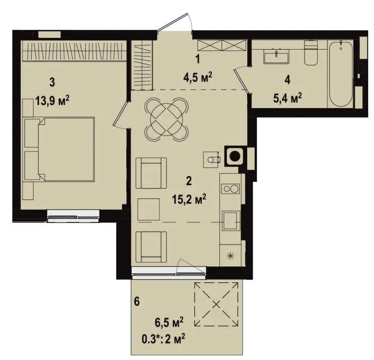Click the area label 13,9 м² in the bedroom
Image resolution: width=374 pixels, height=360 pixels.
click(x=52, y=101)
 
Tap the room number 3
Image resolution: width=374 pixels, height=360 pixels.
click(x=52, y=82)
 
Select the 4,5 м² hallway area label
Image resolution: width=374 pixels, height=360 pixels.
click(x=197, y=77)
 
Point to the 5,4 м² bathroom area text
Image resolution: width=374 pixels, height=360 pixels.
click(x=287, y=98)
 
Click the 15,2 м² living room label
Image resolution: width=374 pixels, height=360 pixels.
click(x=189, y=200)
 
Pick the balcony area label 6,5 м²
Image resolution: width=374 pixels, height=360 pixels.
click(x=169, y=323)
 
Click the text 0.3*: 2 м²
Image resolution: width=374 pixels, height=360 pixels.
click(x=163, y=339)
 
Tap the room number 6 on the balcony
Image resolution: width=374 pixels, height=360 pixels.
click(x=136, y=302)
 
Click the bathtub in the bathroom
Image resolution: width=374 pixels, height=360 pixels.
click(x=341, y=74)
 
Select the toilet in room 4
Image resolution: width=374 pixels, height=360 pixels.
click(x=311, y=52)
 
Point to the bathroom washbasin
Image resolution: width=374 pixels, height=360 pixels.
click(x=277, y=57)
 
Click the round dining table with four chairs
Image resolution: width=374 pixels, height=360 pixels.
click(x=167, y=120)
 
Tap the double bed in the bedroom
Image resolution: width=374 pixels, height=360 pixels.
click(x=59, y=149)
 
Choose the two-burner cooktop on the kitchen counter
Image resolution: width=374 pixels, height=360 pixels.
click(x=230, y=189)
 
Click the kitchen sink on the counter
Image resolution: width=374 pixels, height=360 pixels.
click(x=230, y=221)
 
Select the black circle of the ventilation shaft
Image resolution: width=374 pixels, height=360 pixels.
click(x=235, y=157)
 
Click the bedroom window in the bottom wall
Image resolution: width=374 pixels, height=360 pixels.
click(x=73, y=216)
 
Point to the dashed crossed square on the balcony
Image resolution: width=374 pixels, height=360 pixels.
click(x=216, y=304)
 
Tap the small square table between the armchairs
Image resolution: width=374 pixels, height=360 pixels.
click(x=148, y=209)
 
